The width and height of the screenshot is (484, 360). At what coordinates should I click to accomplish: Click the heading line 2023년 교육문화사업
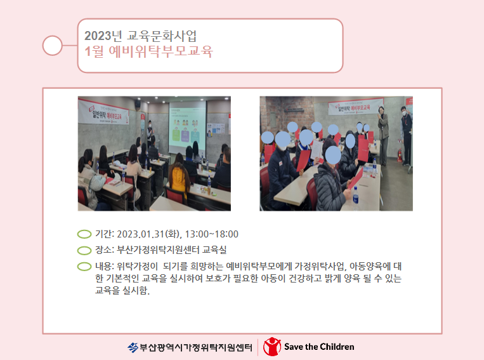(140, 36)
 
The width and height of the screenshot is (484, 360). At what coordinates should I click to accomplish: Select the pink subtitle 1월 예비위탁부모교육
(149, 51)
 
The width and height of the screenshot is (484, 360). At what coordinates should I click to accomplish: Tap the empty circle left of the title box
(53, 46)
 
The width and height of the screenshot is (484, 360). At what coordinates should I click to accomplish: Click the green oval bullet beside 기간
(84, 234)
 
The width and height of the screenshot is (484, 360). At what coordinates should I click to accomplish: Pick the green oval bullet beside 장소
(84, 250)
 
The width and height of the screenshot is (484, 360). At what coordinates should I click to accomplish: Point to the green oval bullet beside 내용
(84, 267)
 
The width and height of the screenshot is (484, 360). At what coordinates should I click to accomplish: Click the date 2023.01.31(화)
(149, 234)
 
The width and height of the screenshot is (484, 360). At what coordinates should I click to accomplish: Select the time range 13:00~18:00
(211, 234)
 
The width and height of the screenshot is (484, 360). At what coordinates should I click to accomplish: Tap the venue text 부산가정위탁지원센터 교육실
(172, 250)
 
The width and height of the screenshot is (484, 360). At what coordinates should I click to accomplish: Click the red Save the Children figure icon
(272, 347)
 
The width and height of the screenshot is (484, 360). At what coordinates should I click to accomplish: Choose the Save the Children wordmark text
(319, 347)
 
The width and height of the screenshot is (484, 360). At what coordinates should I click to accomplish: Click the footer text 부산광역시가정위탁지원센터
(196, 348)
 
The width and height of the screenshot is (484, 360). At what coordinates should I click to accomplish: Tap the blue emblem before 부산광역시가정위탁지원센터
(133, 348)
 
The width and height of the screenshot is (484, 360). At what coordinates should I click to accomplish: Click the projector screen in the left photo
(187, 128)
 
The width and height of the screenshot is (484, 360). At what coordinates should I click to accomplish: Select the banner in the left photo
(103, 112)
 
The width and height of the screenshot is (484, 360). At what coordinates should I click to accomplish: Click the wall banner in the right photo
(355, 106)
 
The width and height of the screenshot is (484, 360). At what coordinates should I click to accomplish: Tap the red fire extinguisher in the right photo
(400, 156)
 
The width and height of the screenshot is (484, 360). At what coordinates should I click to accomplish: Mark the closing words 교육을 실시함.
(122, 290)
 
